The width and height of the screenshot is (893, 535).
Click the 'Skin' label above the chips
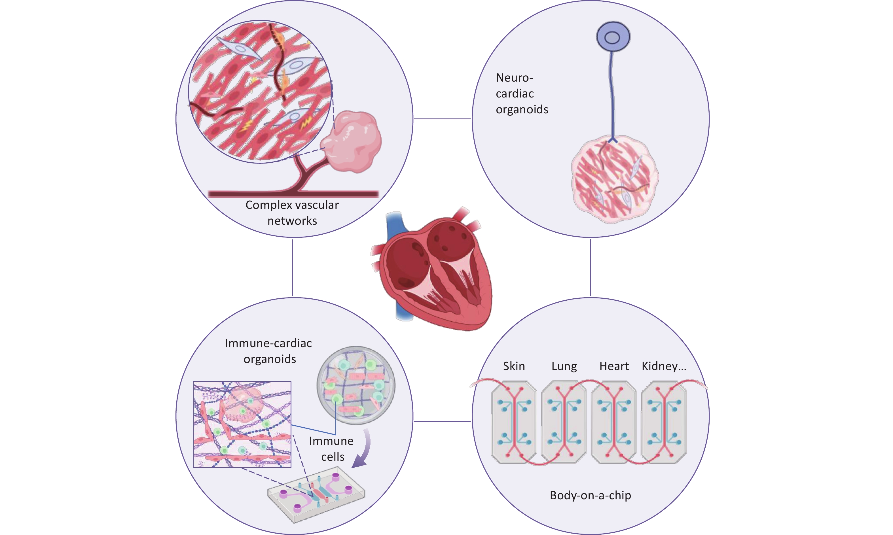[x=514, y=366]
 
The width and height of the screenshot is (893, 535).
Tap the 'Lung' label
[x=564, y=366]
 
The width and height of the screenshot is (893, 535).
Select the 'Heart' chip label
[x=614, y=366]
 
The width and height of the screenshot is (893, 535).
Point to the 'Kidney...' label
[x=664, y=366]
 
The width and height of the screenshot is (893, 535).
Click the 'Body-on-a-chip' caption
[x=591, y=495]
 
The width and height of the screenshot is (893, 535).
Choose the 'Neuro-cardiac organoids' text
[x=522, y=94]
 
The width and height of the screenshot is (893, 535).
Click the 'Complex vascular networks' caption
[x=292, y=213]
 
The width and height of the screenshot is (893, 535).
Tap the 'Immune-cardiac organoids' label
[x=269, y=351]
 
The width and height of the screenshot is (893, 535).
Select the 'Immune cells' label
[x=331, y=449]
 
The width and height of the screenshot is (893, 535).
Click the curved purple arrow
[x=363, y=449]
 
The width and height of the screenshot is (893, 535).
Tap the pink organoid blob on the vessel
[x=352, y=143]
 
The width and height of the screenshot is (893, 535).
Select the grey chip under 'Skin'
[x=514, y=422]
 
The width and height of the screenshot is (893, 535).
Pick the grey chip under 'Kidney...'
[x=664, y=422]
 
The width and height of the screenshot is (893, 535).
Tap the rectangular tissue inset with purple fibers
[x=242, y=424]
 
